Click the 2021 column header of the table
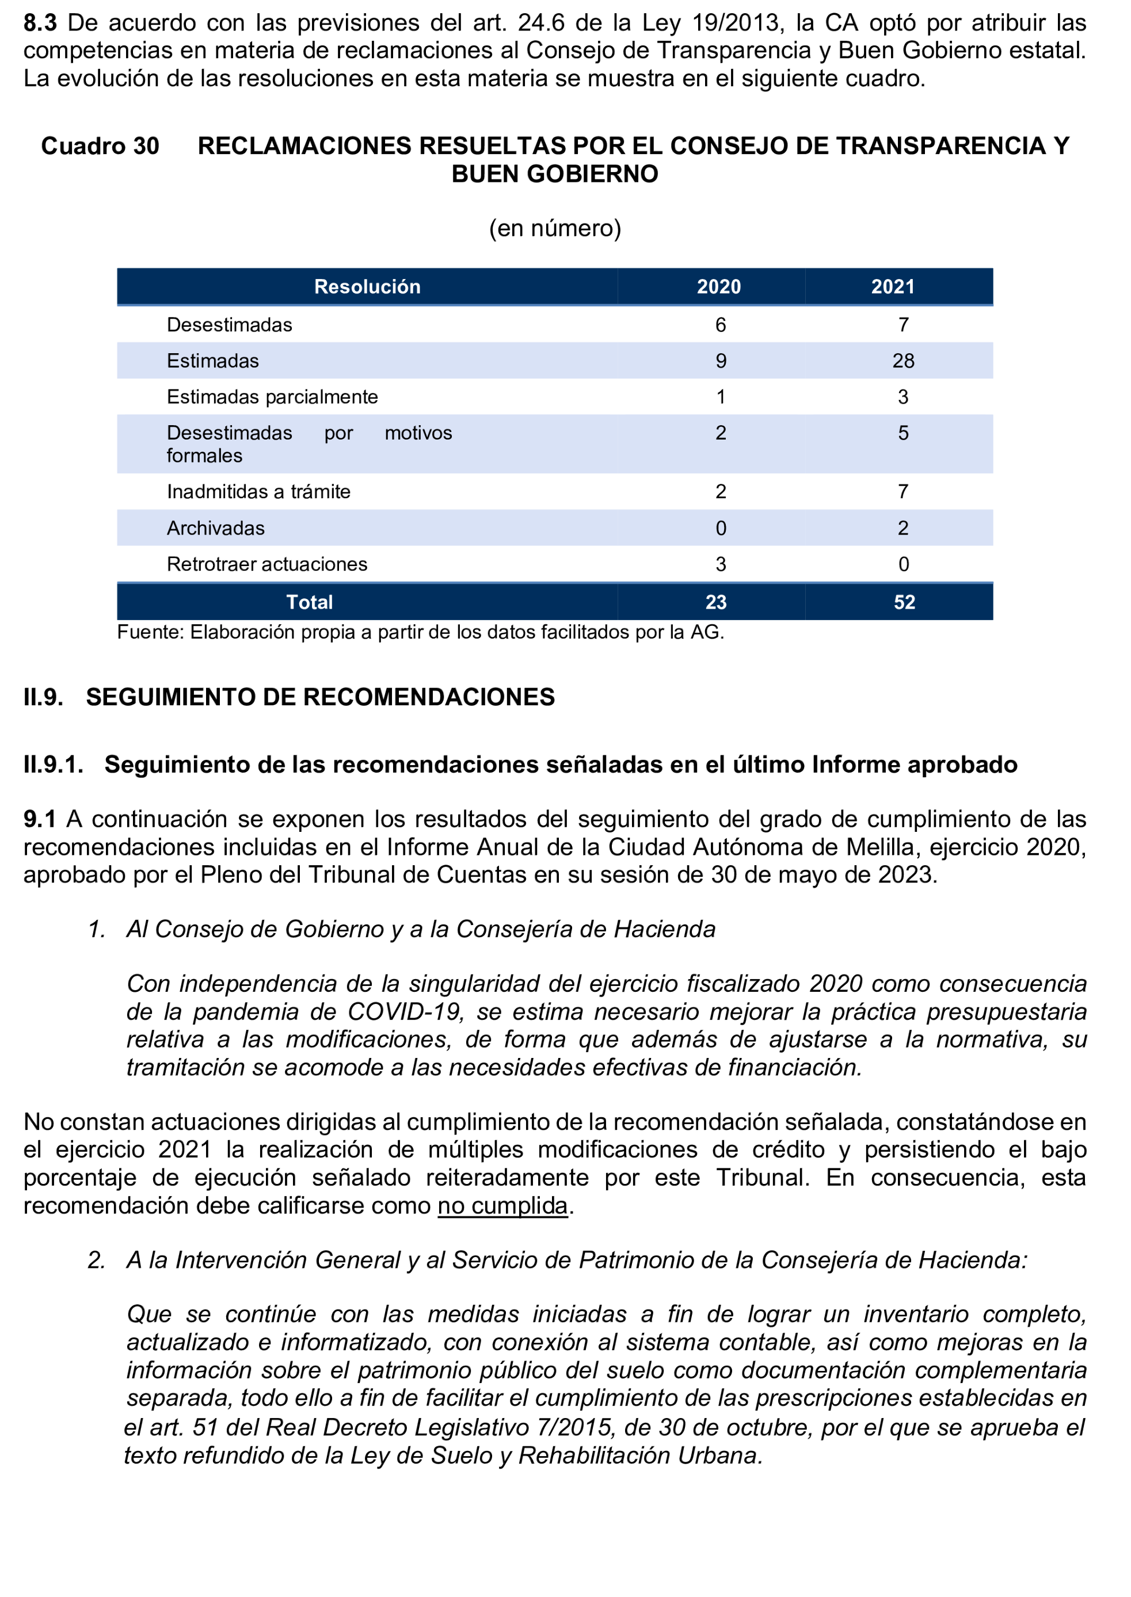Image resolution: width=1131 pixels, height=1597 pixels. point(892,287)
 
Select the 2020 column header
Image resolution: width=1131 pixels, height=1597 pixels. point(719,287)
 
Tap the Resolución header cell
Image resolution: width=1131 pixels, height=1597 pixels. point(367,287)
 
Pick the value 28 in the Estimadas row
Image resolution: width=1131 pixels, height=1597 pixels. point(902,361)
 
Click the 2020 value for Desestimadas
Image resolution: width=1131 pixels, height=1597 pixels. point(721,324)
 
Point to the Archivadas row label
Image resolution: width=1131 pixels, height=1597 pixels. point(215,528)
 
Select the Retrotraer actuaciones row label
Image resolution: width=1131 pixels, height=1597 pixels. point(266,564)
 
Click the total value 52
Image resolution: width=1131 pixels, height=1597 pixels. point(904,602)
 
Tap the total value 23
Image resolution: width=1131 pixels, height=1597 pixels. point(716,602)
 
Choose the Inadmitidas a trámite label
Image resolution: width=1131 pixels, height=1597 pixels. point(258,491)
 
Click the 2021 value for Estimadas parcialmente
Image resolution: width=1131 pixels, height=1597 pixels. point(902,397)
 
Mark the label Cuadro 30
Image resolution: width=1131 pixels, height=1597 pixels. point(100,146)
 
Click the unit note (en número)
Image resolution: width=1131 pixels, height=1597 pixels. point(555,228)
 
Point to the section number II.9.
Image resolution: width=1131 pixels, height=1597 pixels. point(43,697)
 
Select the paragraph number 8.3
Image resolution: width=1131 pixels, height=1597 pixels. point(40,23)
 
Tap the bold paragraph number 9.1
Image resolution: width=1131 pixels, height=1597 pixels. point(40,819)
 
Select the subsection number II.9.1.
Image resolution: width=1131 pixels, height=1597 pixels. point(53,765)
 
